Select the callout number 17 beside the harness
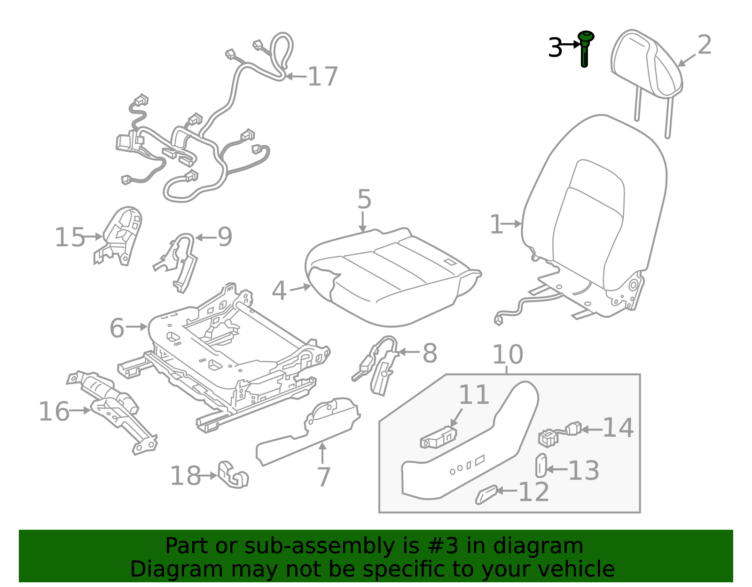(x=322, y=77)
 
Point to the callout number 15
(x=70, y=237)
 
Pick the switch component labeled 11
(x=438, y=438)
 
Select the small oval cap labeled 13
(x=541, y=466)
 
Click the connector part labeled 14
(x=559, y=433)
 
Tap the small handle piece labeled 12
(x=486, y=494)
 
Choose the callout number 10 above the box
(x=508, y=355)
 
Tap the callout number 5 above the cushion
(x=364, y=200)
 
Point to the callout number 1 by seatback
(x=496, y=225)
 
